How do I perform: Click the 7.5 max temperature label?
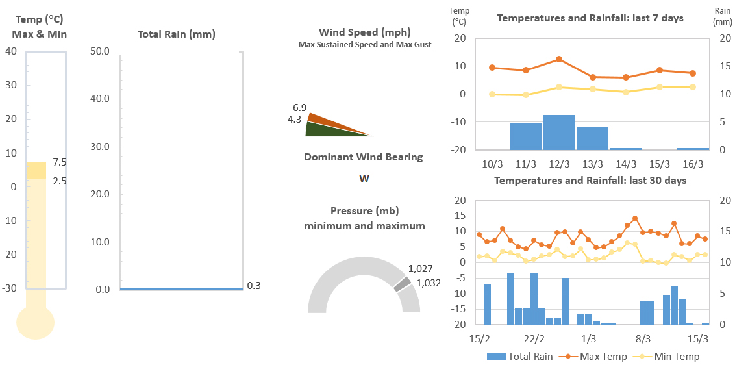60,162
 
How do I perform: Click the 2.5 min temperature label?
60,181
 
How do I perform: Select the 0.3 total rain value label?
254,286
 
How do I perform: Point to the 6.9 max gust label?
299,107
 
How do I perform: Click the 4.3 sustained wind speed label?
294,119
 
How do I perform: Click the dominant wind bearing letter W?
364,178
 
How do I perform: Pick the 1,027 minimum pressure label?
420,269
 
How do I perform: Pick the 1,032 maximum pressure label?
428,283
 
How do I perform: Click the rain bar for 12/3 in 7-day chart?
559,132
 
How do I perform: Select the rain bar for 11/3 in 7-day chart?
525,136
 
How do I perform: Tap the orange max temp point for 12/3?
559,59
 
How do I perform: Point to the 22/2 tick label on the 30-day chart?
534,338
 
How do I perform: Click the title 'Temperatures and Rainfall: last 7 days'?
590,18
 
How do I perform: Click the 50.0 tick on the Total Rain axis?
101,51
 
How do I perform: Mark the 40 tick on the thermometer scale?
11,51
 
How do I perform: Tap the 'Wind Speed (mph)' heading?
364,32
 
